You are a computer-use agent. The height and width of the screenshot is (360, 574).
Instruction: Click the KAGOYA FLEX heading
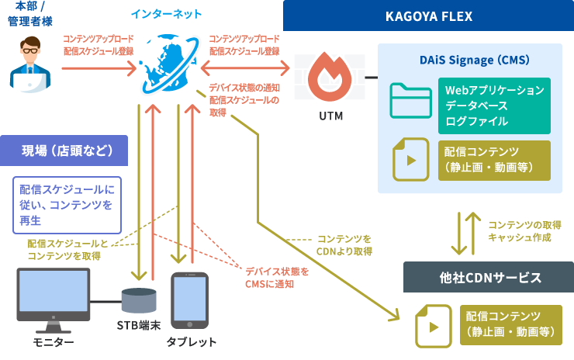[428, 16]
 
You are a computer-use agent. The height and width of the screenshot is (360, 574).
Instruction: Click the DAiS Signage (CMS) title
[470, 59]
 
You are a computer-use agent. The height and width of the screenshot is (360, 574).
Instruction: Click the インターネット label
[166, 14]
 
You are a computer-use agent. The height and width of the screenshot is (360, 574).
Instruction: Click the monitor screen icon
[53, 294]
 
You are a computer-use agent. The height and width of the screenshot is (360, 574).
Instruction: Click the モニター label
[53, 342]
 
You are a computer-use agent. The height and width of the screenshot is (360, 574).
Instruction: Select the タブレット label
[191, 342]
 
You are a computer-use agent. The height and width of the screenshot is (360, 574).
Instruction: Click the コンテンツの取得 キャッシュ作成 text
[520, 231]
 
